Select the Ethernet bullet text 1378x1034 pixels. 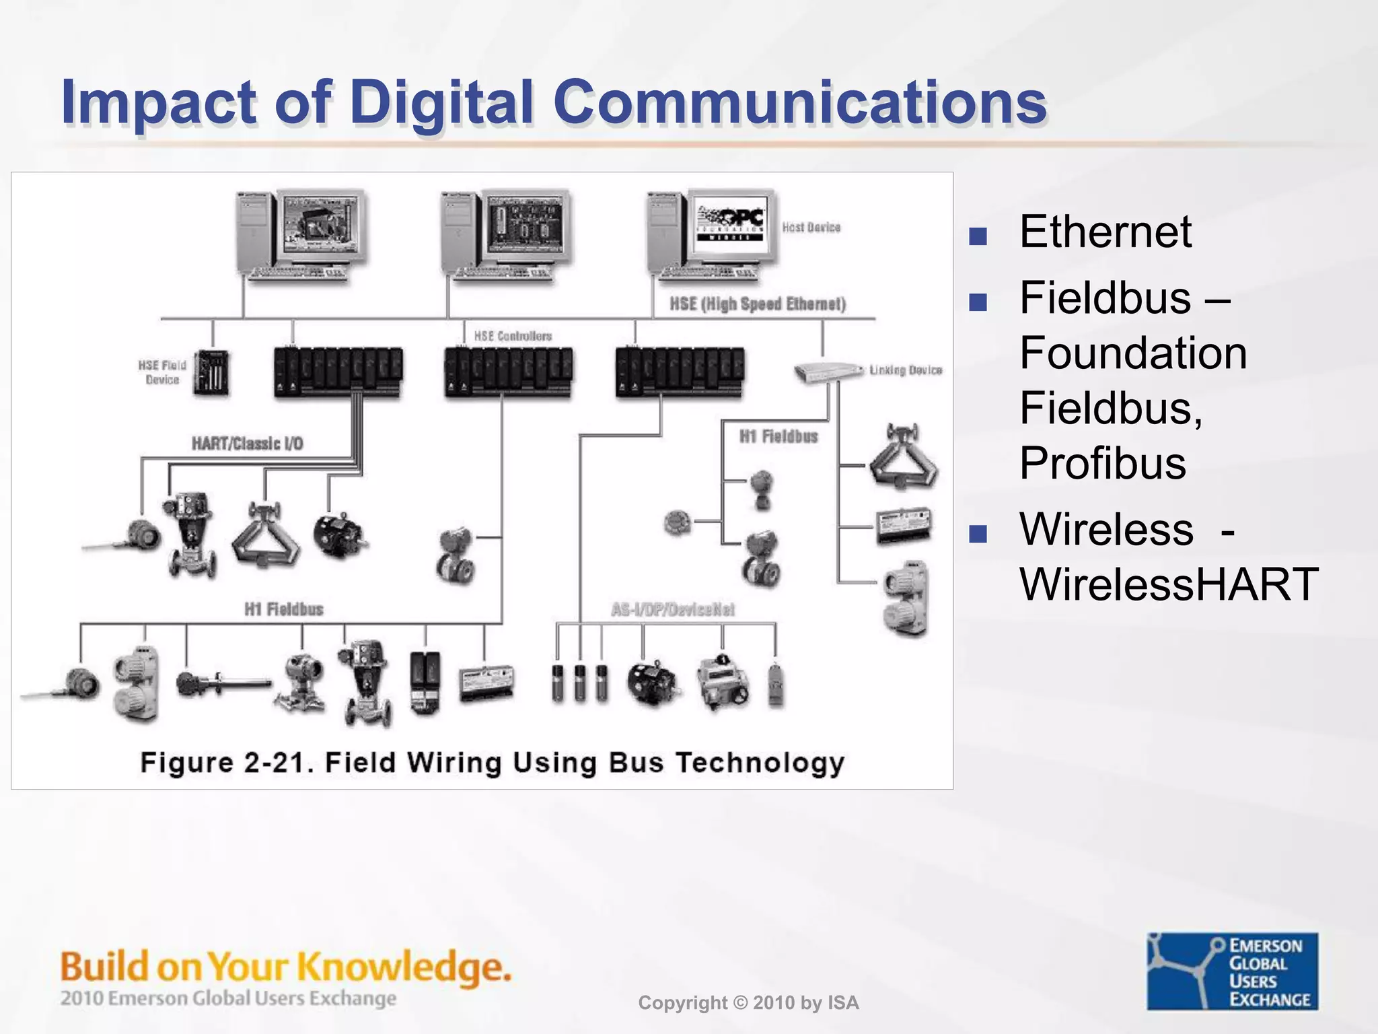click(x=1105, y=232)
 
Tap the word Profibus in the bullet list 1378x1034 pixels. click(x=1102, y=463)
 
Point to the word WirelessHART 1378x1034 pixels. click(x=1169, y=584)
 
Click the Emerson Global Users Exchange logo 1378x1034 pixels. click(x=1232, y=971)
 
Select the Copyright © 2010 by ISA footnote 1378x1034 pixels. click(x=748, y=1003)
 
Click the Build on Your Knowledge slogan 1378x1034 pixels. click(x=286, y=967)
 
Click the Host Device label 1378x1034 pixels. click(x=811, y=228)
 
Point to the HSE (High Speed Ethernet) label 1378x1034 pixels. click(x=757, y=304)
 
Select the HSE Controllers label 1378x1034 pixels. click(x=513, y=336)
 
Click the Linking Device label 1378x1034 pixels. click(x=905, y=370)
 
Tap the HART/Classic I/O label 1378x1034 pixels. click(x=247, y=444)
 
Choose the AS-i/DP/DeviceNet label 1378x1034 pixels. click(x=672, y=610)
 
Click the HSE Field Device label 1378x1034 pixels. click(x=162, y=372)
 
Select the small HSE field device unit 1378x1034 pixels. click(x=211, y=372)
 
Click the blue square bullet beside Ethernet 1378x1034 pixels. click(x=978, y=236)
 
